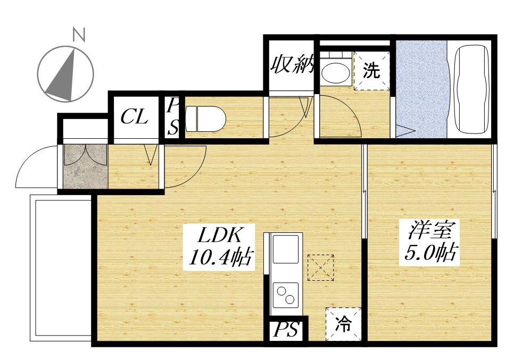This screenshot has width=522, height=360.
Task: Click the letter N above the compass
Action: click(x=79, y=35)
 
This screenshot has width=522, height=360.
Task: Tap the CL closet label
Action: click(x=134, y=117)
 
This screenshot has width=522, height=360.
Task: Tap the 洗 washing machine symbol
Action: click(x=371, y=71)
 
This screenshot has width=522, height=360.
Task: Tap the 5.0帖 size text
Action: click(x=430, y=254)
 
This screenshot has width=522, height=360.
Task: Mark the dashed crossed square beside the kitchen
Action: click(x=321, y=267)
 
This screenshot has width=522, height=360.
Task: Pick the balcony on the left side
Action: click(x=61, y=269)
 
